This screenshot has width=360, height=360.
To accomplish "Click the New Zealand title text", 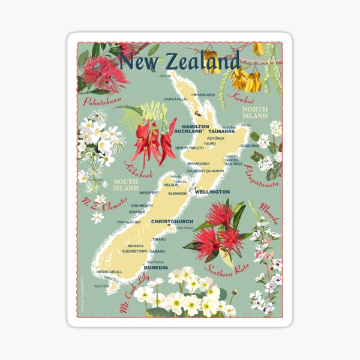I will (179, 61).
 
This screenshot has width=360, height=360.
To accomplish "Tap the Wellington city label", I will (212, 192).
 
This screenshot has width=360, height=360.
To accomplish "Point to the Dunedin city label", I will (155, 268).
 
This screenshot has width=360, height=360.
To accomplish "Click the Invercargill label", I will (109, 271).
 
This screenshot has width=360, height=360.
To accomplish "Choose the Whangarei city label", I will (204, 95).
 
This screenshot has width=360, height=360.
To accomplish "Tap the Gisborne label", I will (250, 145).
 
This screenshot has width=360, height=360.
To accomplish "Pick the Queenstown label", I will (135, 251).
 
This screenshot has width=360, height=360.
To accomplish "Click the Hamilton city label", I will (191, 127).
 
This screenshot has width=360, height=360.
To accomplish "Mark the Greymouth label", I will (142, 206).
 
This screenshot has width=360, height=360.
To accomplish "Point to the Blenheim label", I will (179, 194).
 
